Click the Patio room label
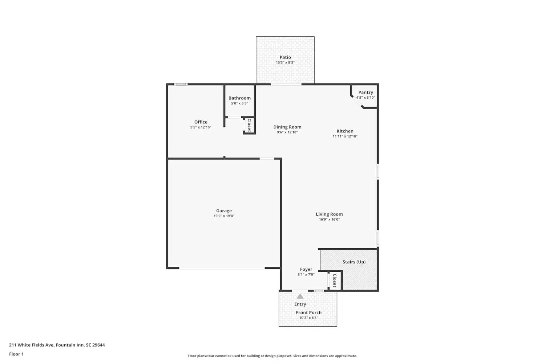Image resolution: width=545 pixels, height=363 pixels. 285,57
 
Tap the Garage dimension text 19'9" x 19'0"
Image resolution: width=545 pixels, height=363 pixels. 224,216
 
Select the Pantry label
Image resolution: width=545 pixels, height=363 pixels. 366,93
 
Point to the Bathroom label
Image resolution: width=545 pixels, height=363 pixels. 239,98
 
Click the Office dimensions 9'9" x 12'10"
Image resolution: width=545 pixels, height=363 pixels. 201,127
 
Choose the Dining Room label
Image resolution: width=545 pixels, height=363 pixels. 287,127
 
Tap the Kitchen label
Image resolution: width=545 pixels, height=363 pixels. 345,131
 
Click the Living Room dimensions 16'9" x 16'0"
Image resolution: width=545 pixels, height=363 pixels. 329,219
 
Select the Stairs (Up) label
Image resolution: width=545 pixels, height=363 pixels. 354,262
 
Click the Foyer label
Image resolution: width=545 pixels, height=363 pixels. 306,269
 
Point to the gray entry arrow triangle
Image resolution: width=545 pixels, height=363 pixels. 300,296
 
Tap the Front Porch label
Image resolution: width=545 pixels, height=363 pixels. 308,313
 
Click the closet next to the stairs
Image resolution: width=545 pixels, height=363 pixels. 335,281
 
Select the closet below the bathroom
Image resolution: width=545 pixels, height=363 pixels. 249,125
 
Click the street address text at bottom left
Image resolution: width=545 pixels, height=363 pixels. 57,345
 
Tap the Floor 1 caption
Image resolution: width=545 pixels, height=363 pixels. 16,354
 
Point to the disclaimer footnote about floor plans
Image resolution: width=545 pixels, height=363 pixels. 272,356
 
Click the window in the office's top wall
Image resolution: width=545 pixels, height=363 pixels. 181,85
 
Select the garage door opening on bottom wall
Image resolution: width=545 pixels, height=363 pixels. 222,268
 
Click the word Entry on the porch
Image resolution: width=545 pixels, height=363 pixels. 300,304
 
